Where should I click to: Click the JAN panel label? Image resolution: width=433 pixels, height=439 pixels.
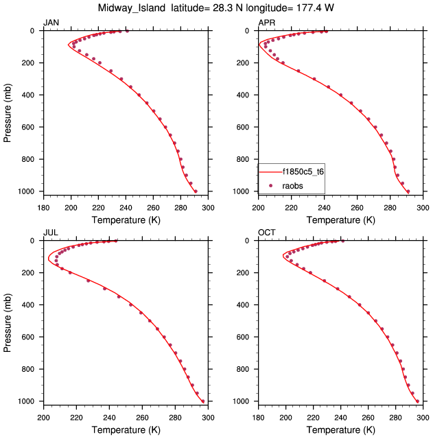click(x=51, y=23)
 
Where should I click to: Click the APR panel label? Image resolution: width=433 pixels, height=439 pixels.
click(x=266, y=23)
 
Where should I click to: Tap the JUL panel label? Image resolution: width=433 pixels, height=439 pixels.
click(x=50, y=233)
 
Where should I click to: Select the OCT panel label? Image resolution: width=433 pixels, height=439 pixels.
click(x=266, y=233)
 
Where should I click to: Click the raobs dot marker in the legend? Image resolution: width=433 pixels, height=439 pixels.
click(x=272, y=185)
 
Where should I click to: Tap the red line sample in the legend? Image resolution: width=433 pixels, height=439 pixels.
click(x=271, y=171)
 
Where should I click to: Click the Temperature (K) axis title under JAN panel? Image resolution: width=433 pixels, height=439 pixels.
click(x=125, y=220)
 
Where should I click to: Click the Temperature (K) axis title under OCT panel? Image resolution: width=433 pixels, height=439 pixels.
click(x=341, y=430)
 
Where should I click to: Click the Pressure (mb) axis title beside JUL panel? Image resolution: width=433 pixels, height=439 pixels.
click(x=8, y=321)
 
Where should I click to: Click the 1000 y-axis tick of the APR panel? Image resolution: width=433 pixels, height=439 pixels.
click(x=244, y=191)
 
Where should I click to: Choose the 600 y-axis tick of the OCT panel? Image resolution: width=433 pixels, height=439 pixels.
click(x=246, y=337)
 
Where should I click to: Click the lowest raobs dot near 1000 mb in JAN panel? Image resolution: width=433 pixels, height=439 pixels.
click(x=196, y=191)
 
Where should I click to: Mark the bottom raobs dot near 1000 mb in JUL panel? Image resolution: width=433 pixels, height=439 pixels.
click(x=203, y=401)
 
